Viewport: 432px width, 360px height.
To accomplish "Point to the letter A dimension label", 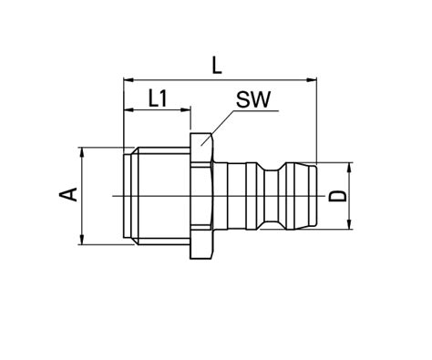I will coord(66,194).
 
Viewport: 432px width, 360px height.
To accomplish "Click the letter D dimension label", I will coord(337,196).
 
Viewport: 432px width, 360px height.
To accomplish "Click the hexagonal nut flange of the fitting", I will coord(201,196).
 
